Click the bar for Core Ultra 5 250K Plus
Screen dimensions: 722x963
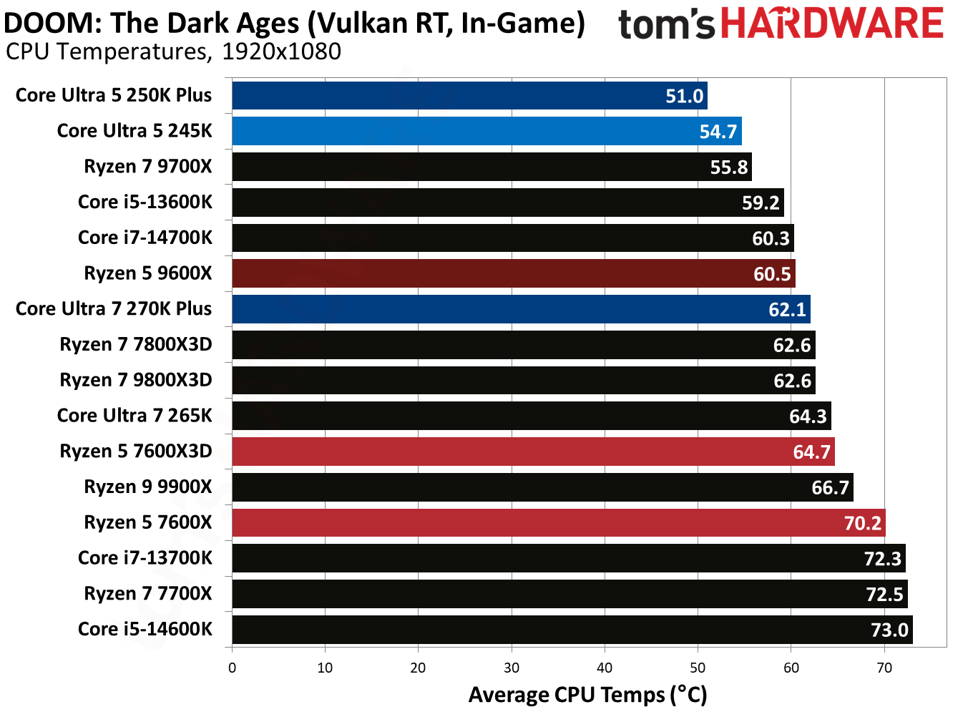click(x=469, y=95)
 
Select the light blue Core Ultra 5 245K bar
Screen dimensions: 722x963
click(x=487, y=131)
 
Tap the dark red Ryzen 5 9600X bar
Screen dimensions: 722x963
click(x=513, y=273)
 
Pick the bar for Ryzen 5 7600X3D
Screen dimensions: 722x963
click(x=533, y=452)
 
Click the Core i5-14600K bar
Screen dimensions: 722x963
click(x=572, y=630)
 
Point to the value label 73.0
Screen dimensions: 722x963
click(x=889, y=630)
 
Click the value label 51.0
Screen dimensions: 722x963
click(x=684, y=96)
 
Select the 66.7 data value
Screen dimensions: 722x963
click(x=830, y=488)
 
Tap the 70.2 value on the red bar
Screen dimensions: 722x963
click(x=862, y=523)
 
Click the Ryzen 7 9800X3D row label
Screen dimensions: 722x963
click(x=136, y=380)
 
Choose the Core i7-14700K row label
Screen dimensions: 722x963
click(x=145, y=238)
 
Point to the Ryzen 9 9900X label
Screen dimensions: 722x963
click(x=148, y=487)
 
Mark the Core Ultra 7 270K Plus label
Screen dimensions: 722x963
click(x=114, y=309)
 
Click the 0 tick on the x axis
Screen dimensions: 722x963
click(x=232, y=668)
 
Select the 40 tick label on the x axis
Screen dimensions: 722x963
click(x=605, y=668)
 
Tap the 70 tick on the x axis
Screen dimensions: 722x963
click(x=884, y=668)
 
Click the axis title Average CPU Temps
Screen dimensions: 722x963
click(x=587, y=695)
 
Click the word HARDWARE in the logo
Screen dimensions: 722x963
click(x=831, y=24)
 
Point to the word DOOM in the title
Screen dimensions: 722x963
click(x=53, y=24)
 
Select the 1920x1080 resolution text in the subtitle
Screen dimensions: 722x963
click(x=281, y=52)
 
